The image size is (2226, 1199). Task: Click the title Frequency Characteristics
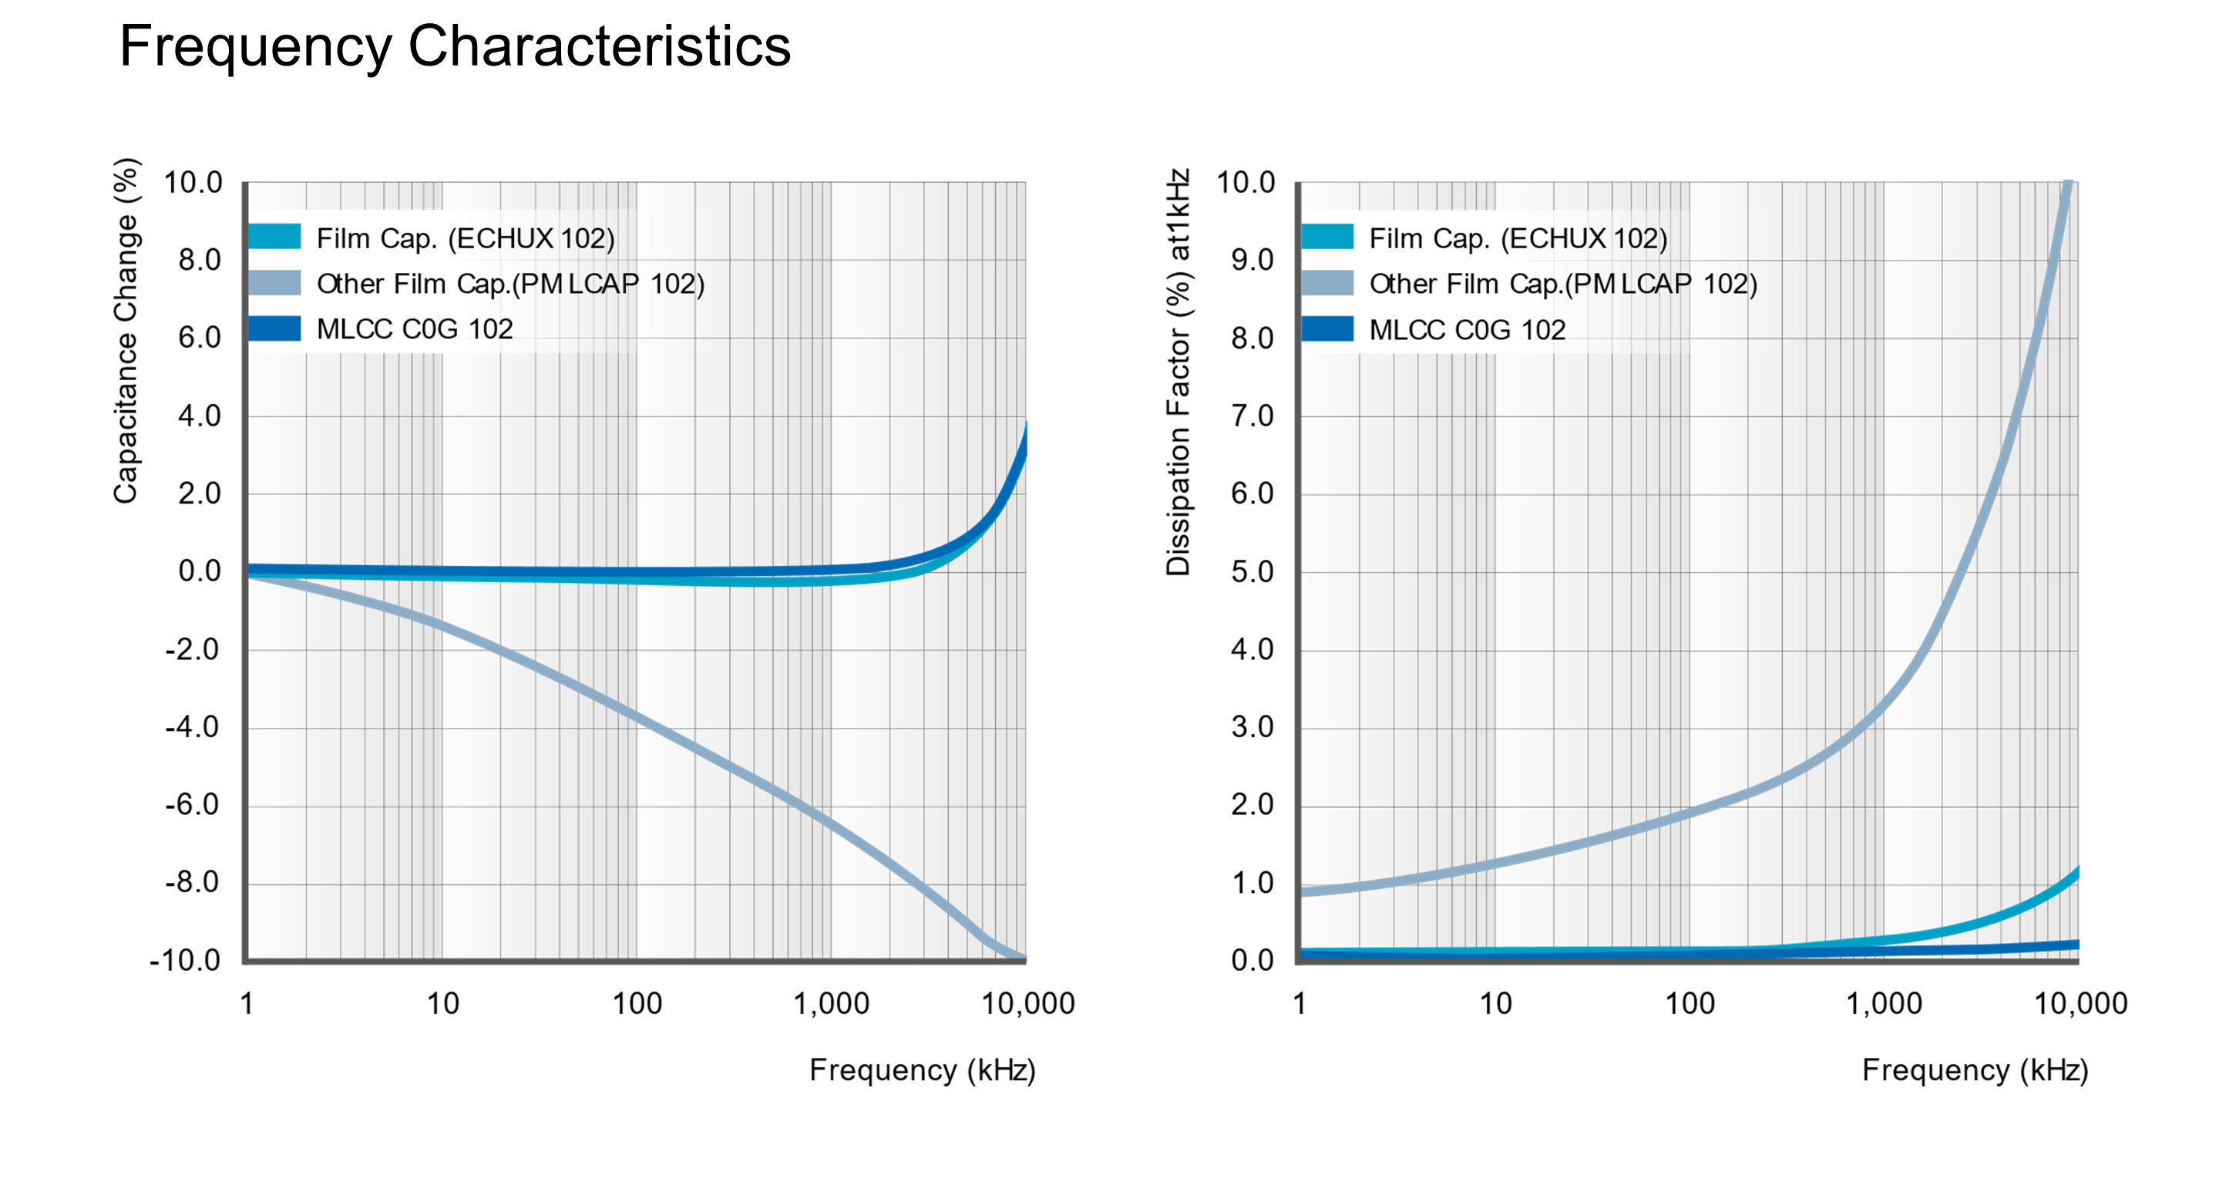click(455, 47)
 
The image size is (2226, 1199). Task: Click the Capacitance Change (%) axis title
click(126, 331)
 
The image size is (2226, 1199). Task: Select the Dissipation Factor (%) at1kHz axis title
click(1178, 372)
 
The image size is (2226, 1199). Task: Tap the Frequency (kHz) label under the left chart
click(922, 1070)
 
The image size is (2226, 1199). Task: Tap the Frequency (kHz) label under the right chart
click(1975, 1070)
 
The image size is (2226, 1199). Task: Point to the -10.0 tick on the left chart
click(185, 961)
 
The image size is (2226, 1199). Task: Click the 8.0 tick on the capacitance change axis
click(200, 260)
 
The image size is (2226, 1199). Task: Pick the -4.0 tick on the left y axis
click(192, 727)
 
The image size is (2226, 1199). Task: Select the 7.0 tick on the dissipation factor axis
click(1252, 416)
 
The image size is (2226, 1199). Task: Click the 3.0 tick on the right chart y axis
click(1252, 727)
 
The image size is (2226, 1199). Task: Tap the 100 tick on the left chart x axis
click(637, 1004)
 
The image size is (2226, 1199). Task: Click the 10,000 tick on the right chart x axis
click(2081, 1004)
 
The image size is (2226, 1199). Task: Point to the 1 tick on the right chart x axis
click(1299, 1004)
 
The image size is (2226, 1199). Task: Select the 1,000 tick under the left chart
click(832, 1004)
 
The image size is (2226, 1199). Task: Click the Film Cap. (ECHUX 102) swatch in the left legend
click(274, 237)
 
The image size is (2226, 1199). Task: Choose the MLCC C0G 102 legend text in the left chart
click(415, 329)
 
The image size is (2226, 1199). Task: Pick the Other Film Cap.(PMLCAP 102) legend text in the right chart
click(1563, 284)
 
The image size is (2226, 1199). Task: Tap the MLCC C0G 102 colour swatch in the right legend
click(1327, 329)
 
